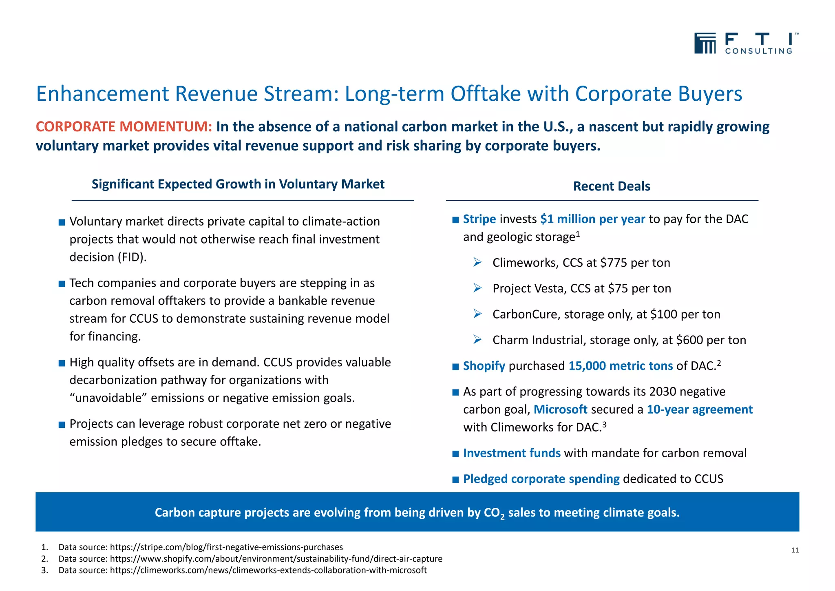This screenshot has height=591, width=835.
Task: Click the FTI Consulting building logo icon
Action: (x=705, y=43)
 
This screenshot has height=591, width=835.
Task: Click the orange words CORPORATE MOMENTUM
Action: (x=124, y=127)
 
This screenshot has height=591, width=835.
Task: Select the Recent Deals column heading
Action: (x=611, y=186)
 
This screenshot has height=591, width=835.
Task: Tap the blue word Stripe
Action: (x=479, y=219)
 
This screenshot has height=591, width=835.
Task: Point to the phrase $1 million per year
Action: (x=592, y=219)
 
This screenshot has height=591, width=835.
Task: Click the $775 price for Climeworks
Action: (x=614, y=263)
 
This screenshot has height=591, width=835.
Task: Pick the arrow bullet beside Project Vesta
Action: (x=477, y=288)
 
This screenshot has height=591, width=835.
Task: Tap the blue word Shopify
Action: (x=484, y=366)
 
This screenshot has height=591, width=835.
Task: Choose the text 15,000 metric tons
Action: (x=621, y=366)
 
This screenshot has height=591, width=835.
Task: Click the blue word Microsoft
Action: (x=560, y=409)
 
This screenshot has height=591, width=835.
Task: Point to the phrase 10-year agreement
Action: (x=700, y=409)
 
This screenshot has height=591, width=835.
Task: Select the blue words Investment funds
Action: (x=512, y=453)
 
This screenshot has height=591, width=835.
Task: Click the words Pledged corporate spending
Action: (x=541, y=479)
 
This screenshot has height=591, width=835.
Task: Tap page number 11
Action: (x=795, y=550)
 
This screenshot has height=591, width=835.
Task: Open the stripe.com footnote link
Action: (x=226, y=547)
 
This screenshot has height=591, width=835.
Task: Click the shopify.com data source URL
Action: (x=276, y=559)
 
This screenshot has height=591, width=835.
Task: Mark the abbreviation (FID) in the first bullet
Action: (x=132, y=257)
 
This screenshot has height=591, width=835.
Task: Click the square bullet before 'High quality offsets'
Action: (x=62, y=363)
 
